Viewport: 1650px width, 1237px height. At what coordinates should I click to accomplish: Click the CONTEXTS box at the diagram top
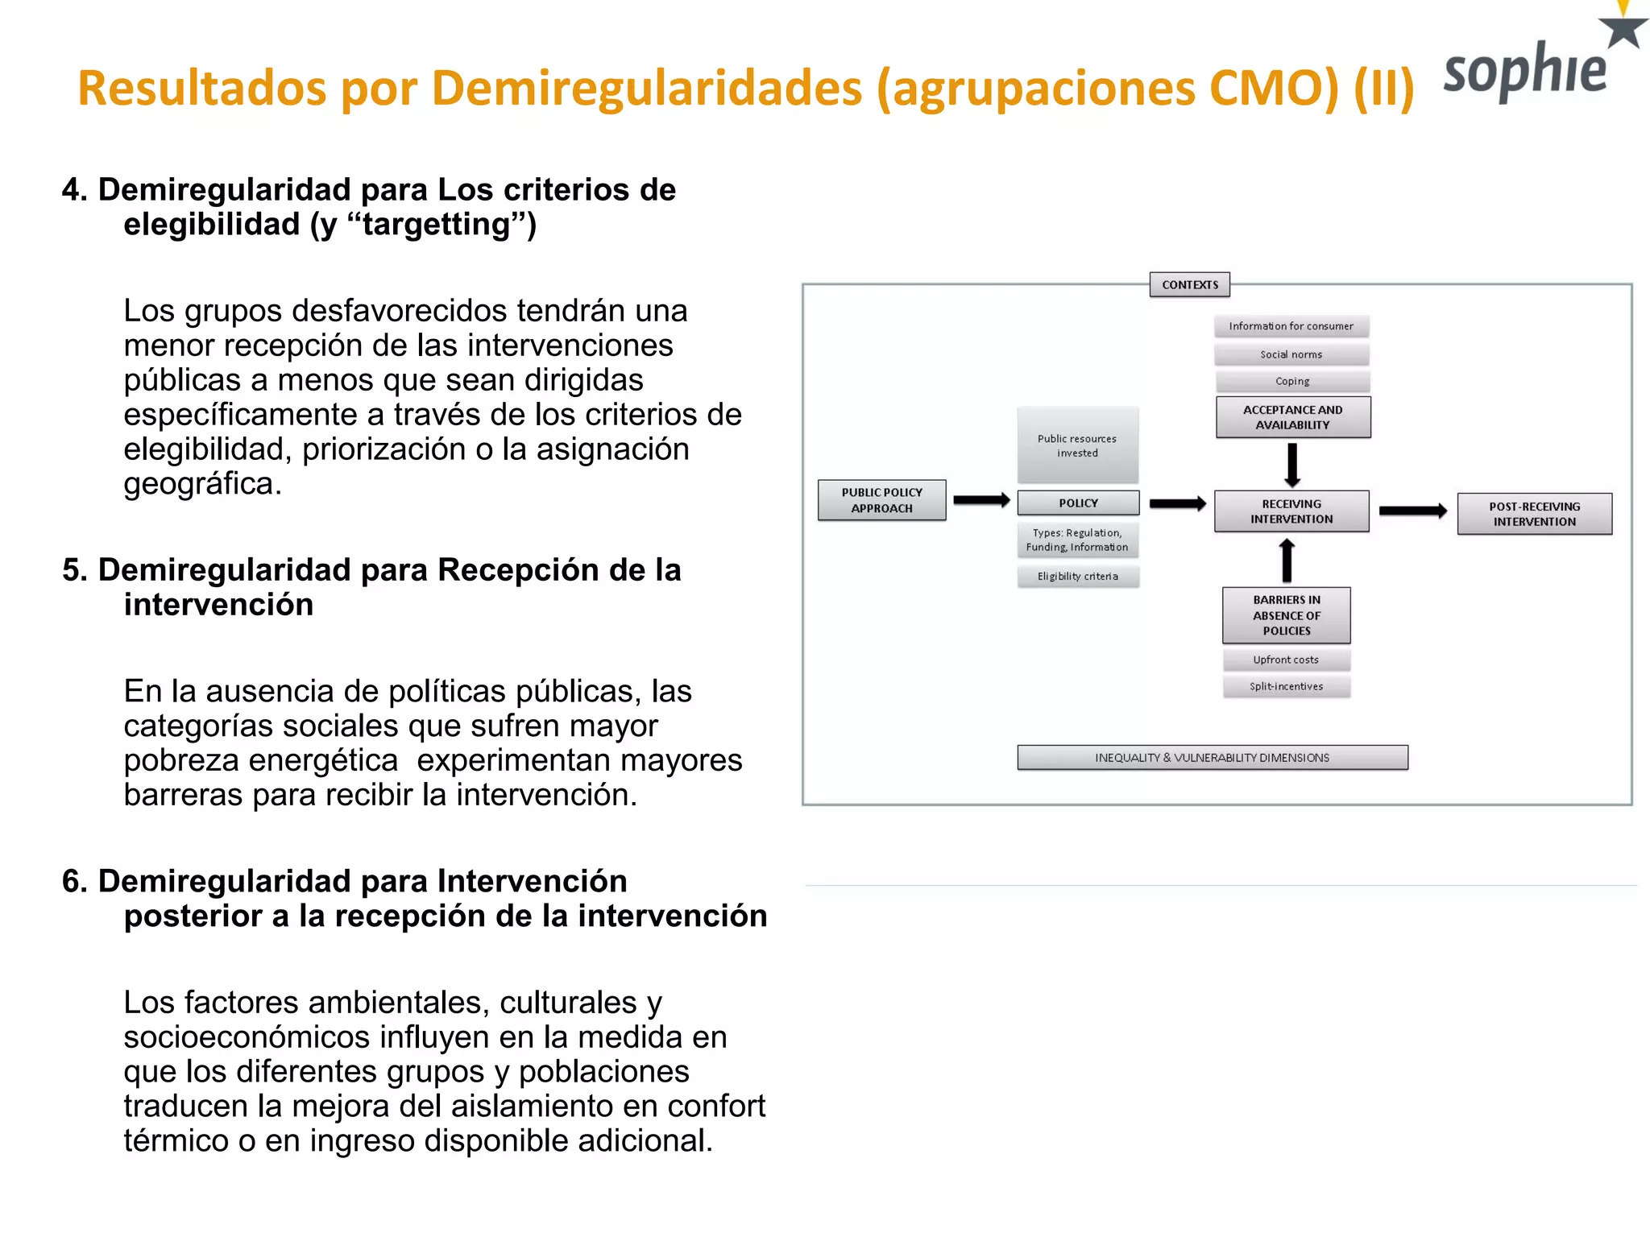(1189, 284)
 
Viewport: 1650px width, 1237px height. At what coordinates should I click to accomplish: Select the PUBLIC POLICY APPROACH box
(881, 500)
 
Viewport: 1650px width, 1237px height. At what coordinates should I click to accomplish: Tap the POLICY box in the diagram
(1078, 503)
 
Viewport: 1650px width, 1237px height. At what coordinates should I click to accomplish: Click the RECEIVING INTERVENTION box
(1291, 511)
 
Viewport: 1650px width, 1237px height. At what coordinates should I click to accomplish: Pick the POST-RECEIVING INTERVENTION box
(1534, 514)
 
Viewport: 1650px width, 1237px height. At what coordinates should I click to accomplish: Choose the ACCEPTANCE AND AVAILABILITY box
(1292, 417)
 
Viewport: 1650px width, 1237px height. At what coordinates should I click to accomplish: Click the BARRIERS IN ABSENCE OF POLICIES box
(1286, 615)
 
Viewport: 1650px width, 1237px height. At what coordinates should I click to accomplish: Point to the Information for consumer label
(1291, 326)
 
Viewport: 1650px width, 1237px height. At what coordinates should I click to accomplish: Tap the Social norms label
(1291, 354)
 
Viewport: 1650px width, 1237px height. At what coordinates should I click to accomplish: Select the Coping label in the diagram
(1292, 381)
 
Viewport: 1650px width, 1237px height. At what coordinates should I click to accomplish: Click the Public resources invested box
(1077, 445)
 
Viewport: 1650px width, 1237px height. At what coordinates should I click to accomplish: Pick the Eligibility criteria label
(1077, 576)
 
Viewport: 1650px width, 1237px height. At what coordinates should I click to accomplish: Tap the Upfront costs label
(1286, 660)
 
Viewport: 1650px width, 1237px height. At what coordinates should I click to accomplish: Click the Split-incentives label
(1286, 686)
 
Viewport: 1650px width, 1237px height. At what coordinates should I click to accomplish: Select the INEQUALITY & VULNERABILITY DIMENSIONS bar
(1212, 758)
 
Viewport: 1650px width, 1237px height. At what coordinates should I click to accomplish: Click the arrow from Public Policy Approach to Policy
(981, 500)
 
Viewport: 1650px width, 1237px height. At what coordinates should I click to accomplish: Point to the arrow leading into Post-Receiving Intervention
(1412, 511)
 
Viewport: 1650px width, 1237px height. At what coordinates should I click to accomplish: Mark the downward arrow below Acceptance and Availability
(1292, 465)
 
